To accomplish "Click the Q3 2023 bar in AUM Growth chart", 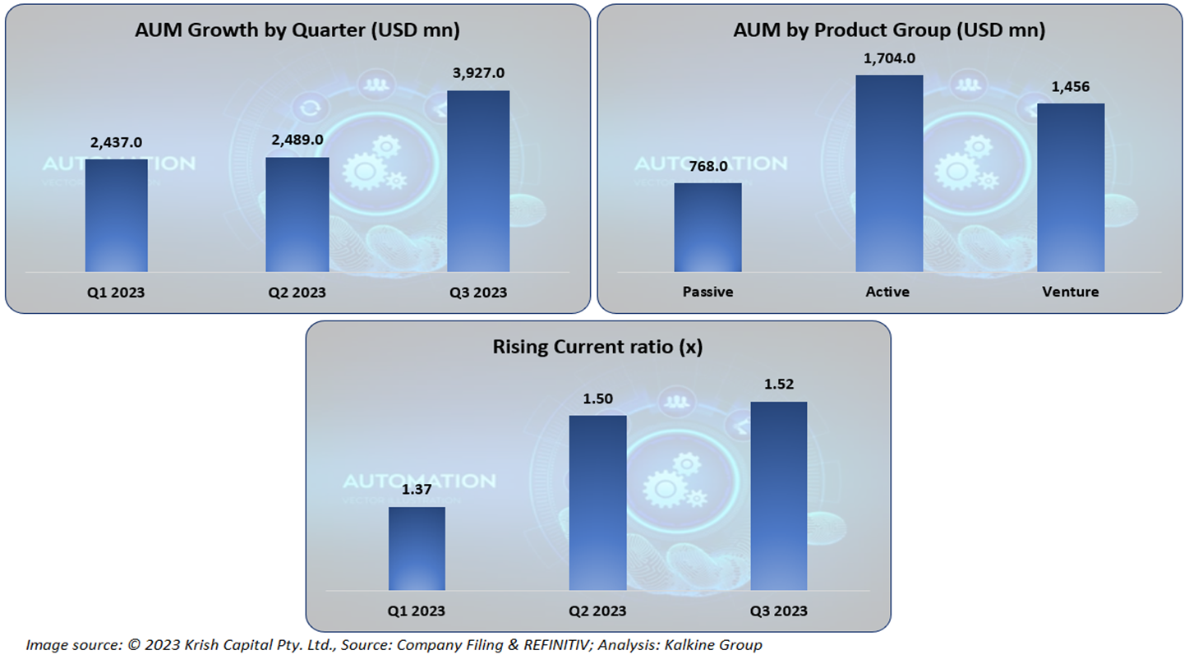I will (477, 181).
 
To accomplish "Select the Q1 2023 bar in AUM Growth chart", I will (117, 215).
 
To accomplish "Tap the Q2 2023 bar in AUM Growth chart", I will (297, 214).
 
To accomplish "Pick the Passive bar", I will (707, 227).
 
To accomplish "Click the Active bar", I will (889, 173).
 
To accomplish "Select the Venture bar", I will (1070, 187).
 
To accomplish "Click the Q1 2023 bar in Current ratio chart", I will (417, 548).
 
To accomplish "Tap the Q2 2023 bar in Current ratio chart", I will (597, 503).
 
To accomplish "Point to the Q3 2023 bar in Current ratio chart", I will (778, 495).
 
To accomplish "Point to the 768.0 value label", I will (707, 167).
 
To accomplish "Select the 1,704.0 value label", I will (889, 58).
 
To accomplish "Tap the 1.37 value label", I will (417, 491).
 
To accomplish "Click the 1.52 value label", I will (778, 385).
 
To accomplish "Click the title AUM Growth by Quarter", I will (297, 30).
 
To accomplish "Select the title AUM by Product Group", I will (889, 30).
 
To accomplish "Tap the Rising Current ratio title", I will (597, 347).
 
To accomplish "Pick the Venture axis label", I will (1070, 292).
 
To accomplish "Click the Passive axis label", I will (707, 292).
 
